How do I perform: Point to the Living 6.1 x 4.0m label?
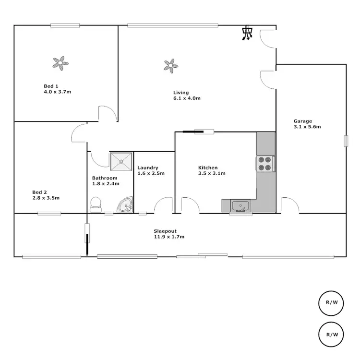(x=187, y=95)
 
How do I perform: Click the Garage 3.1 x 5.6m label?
(x=307, y=124)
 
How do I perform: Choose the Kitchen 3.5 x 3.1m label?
(x=212, y=170)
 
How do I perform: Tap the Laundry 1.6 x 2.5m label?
(x=151, y=170)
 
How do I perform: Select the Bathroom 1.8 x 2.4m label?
(x=106, y=180)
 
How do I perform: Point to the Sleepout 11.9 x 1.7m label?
(x=169, y=234)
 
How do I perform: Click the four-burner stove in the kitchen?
(x=265, y=164)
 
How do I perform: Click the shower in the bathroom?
(x=121, y=162)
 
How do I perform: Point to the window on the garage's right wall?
(x=345, y=141)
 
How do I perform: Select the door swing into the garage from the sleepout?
(x=290, y=204)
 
